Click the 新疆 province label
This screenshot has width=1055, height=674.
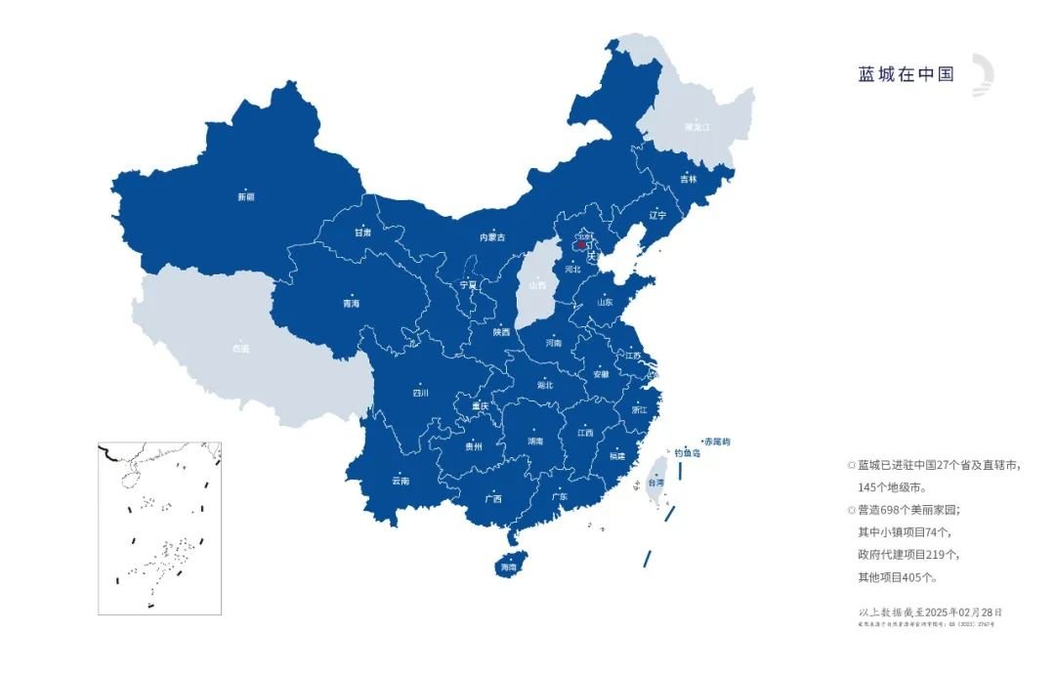[245, 197]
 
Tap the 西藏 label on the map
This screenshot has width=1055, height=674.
[240, 348]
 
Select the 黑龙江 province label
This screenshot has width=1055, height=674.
[698, 127]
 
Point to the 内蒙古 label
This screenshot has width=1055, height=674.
[492, 237]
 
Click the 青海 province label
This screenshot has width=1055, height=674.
[351, 304]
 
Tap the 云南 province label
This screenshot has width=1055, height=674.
[401, 481]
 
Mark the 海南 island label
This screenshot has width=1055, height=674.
[508, 568]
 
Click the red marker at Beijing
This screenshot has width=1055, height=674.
[581, 246]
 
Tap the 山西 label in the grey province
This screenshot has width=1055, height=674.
[537, 285]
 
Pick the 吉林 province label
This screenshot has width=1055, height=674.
[689, 179]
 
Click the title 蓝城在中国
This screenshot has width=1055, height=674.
[906, 75]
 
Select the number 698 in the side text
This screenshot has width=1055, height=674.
[894, 510]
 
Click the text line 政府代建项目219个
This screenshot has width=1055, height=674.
[908, 555]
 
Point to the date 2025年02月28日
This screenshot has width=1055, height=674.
[963, 611]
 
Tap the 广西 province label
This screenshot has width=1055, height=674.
[492, 498]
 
